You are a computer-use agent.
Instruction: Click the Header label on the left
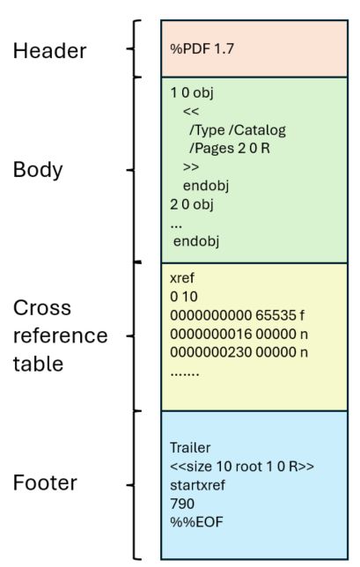(x=49, y=51)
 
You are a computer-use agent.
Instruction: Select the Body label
(x=38, y=169)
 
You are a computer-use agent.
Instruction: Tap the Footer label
(x=45, y=482)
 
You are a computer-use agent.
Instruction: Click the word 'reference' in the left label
(x=60, y=335)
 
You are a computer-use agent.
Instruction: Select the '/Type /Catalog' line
(x=238, y=129)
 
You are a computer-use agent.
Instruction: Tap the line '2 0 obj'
(x=192, y=204)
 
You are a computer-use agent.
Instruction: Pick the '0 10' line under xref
(x=181, y=295)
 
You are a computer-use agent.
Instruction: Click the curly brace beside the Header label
(x=133, y=49)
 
